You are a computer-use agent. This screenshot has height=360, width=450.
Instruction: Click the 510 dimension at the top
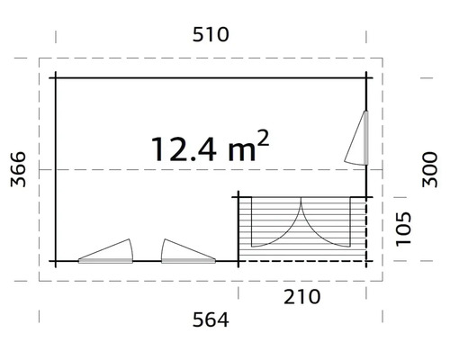pyautogui.click(x=210, y=36)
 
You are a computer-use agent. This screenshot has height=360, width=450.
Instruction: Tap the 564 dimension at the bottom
pyautogui.click(x=211, y=319)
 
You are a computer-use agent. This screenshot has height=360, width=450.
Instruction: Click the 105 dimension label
pyautogui.click(x=405, y=230)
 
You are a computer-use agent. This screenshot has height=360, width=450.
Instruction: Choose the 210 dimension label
pyautogui.click(x=301, y=295)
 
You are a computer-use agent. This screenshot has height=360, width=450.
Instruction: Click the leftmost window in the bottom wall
pyautogui.click(x=106, y=252)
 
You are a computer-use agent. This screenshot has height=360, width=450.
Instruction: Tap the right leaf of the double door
pyautogui.click(x=327, y=223)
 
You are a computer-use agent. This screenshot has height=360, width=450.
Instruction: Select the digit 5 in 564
pyautogui.click(x=193, y=319)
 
